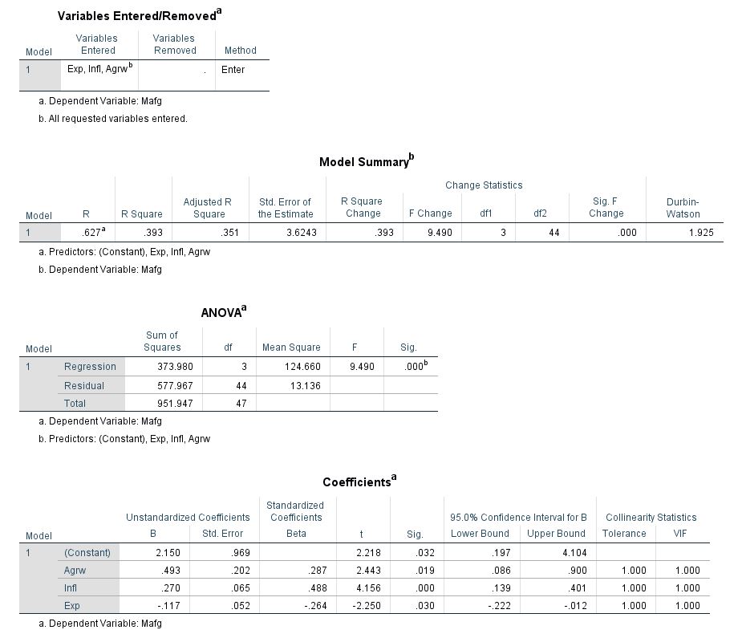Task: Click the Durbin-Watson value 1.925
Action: [x=699, y=233]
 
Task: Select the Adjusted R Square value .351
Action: [x=229, y=233]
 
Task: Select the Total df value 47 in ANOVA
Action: [x=241, y=404]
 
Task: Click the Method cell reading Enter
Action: [x=233, y=70]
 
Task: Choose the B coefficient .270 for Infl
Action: [x=169, y=587]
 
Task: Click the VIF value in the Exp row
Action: [x=687, y=606]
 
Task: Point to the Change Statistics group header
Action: [x=484, y=185]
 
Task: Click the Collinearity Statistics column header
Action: [x=651, y=518]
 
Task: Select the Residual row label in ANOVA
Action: [x=84, y=385]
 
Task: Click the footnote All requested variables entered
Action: [x=117, y=119]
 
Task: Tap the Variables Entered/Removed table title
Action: [x=138, y=16]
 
